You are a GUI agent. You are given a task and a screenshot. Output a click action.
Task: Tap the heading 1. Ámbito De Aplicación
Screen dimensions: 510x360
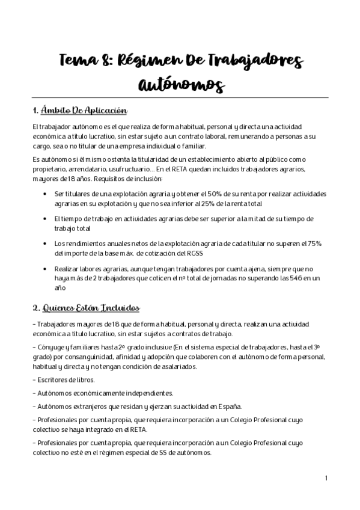81,111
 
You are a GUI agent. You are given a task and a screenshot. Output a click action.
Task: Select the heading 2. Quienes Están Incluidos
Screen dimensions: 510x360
87,309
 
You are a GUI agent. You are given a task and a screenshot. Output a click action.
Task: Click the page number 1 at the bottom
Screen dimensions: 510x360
325,478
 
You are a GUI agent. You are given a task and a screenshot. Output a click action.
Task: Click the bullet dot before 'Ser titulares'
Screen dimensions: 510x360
46,194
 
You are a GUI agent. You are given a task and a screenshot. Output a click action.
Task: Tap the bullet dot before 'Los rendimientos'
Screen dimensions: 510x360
46,244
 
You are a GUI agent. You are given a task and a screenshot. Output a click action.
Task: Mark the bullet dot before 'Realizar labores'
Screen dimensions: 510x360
46,268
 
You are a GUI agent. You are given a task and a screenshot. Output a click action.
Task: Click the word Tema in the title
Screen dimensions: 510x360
81,61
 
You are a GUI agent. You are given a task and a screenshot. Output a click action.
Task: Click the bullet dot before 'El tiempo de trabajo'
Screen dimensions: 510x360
46,219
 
